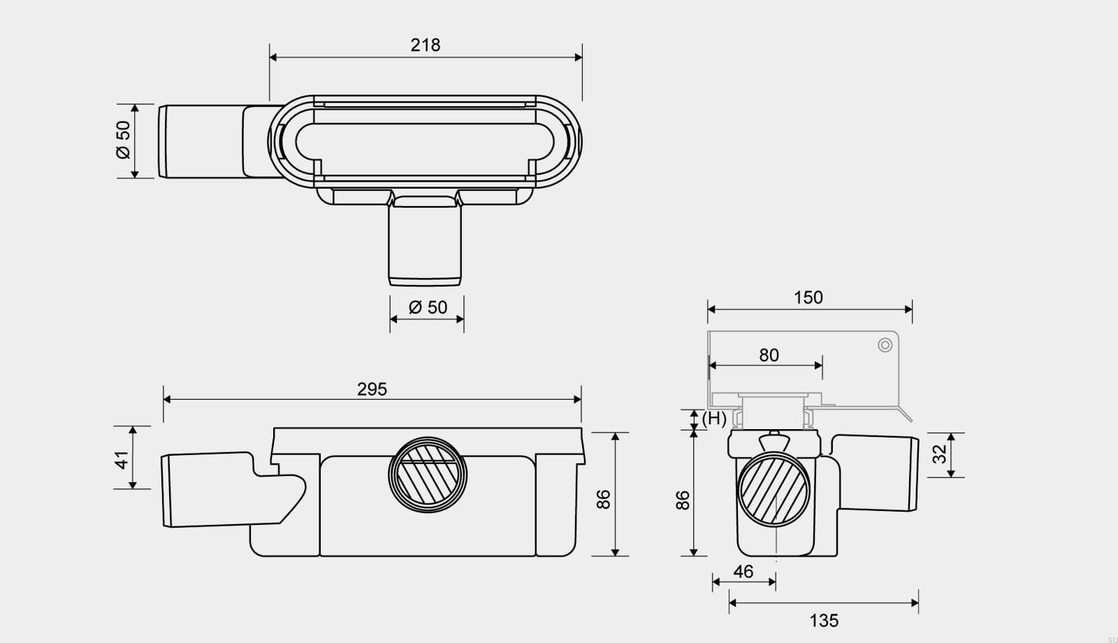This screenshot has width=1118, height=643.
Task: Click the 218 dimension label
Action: point(426,45)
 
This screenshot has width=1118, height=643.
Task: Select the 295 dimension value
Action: point(372,389)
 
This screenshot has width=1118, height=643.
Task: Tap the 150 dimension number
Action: point(808,298)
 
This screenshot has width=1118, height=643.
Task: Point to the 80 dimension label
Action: point(769,355)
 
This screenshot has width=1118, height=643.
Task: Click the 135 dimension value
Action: point(824,621)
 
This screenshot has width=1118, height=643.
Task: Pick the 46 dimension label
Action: point(743,572)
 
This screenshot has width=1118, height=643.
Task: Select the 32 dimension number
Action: point(939,454)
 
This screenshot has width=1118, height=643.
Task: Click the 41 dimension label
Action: point(122,460)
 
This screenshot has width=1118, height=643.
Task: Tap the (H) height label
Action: point(714,419)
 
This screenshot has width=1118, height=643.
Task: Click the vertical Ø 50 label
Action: point(123,140)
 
